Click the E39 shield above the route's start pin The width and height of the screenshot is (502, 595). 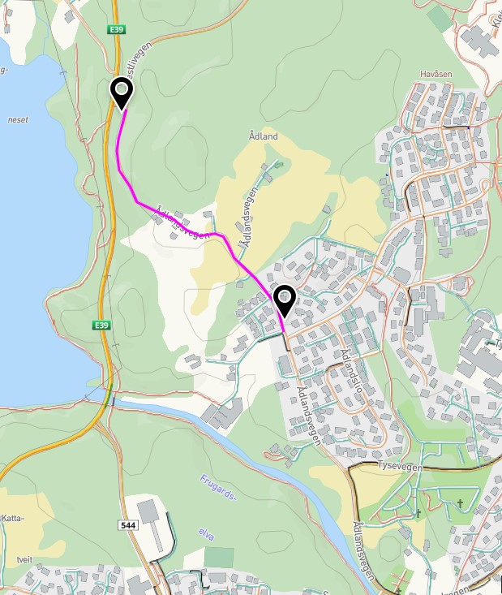(x=118, y=29)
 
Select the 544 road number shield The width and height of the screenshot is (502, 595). (x=127, y=526)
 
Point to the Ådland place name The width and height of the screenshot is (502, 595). (x=264, y=136)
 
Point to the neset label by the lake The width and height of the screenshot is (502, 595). (x=18, y=119)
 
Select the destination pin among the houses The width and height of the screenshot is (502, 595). (x=285, y=300)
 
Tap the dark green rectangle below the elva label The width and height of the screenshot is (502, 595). (x=218, y=558)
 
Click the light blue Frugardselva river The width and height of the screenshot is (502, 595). (x=268, y=462)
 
